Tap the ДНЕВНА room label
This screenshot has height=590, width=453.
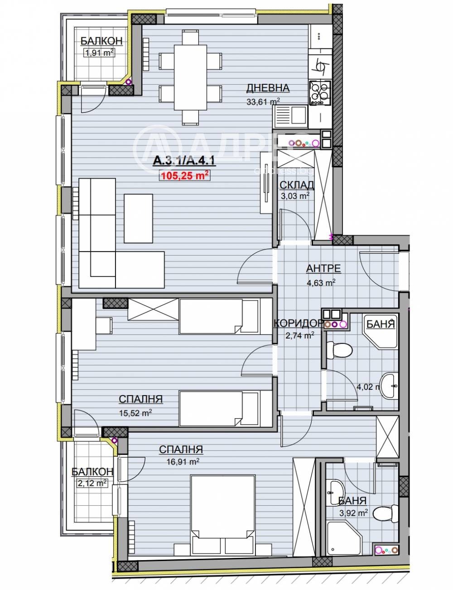point(268,88)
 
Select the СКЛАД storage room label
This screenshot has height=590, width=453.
point(297,185)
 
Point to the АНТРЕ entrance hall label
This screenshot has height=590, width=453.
point(323,268)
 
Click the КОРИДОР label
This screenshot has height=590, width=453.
point(298,323)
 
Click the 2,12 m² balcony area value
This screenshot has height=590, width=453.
point(92,483)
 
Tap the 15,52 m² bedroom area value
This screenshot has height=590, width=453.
point(135,413)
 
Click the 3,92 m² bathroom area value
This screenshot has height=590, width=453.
point(352,513)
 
